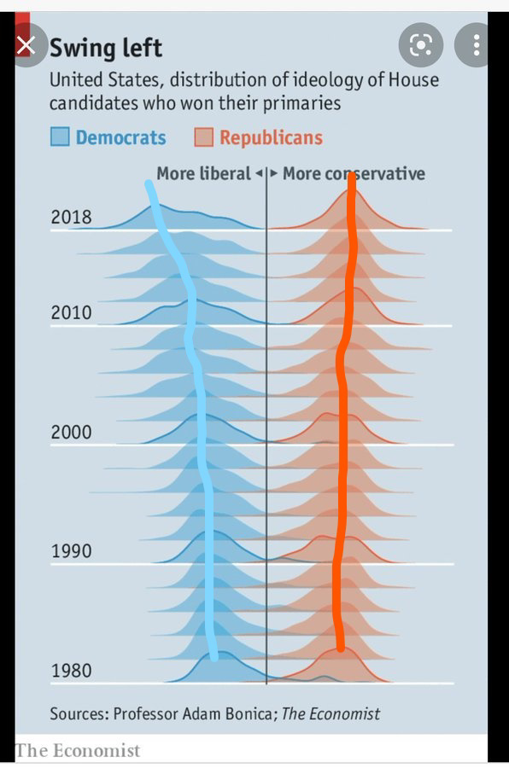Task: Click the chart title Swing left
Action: click(x=105, y=48)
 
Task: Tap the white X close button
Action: click(x=26, y=45)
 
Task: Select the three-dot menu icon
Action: click(x=476, y=45)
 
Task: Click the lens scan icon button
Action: click(x=421, y=45)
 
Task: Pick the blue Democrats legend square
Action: click(x=60, y=137)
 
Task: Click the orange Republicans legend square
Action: click(x=203, y=137)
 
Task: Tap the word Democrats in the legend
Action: click(x=120, y=137)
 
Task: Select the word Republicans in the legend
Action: click(x=272, y=137)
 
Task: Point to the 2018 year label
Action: click(x=71, y=217)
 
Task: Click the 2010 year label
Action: click(x=71, y=312)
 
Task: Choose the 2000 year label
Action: click(x=71, y=432)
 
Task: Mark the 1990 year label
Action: click(x=71, y=551)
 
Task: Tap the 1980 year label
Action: click(x=71, y=671)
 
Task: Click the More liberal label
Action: click(x=203, y=173)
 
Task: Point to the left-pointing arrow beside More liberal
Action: click(x=259, y=173)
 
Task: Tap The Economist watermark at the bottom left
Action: click(x=78, y=750)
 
